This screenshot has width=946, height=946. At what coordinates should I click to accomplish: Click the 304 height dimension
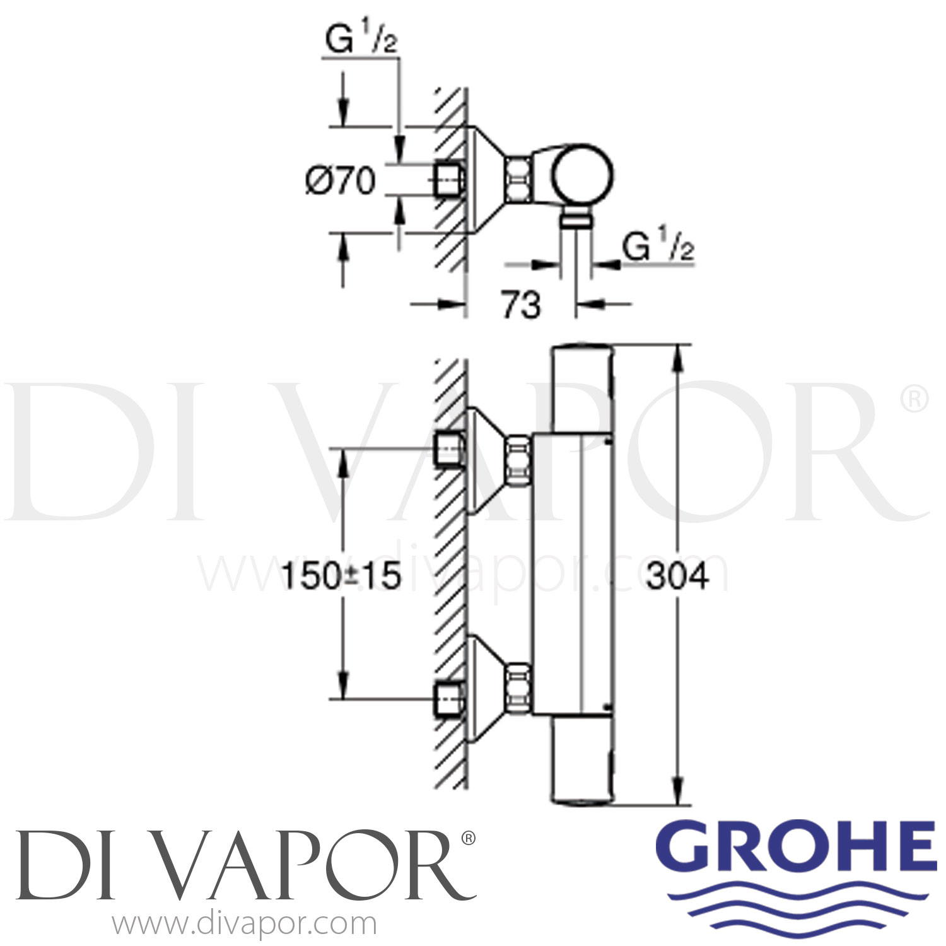coord(677,576)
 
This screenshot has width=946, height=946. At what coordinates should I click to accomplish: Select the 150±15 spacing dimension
coord(341,576)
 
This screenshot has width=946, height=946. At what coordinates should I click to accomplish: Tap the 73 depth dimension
coord(520,305)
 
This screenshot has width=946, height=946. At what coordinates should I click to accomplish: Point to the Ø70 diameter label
coord(341,181)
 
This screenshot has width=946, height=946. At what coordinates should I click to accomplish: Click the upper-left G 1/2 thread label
coord(361,41)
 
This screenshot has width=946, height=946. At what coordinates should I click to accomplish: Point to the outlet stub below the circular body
coord(575,219)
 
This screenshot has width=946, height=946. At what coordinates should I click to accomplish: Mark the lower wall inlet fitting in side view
coord(450,699)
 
